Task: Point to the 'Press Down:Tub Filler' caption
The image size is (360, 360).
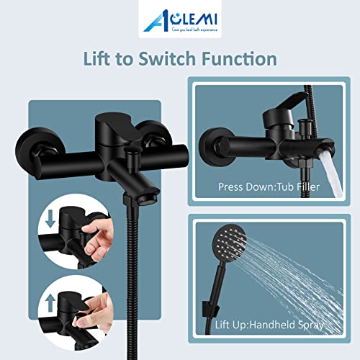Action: [x=270, y=187]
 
